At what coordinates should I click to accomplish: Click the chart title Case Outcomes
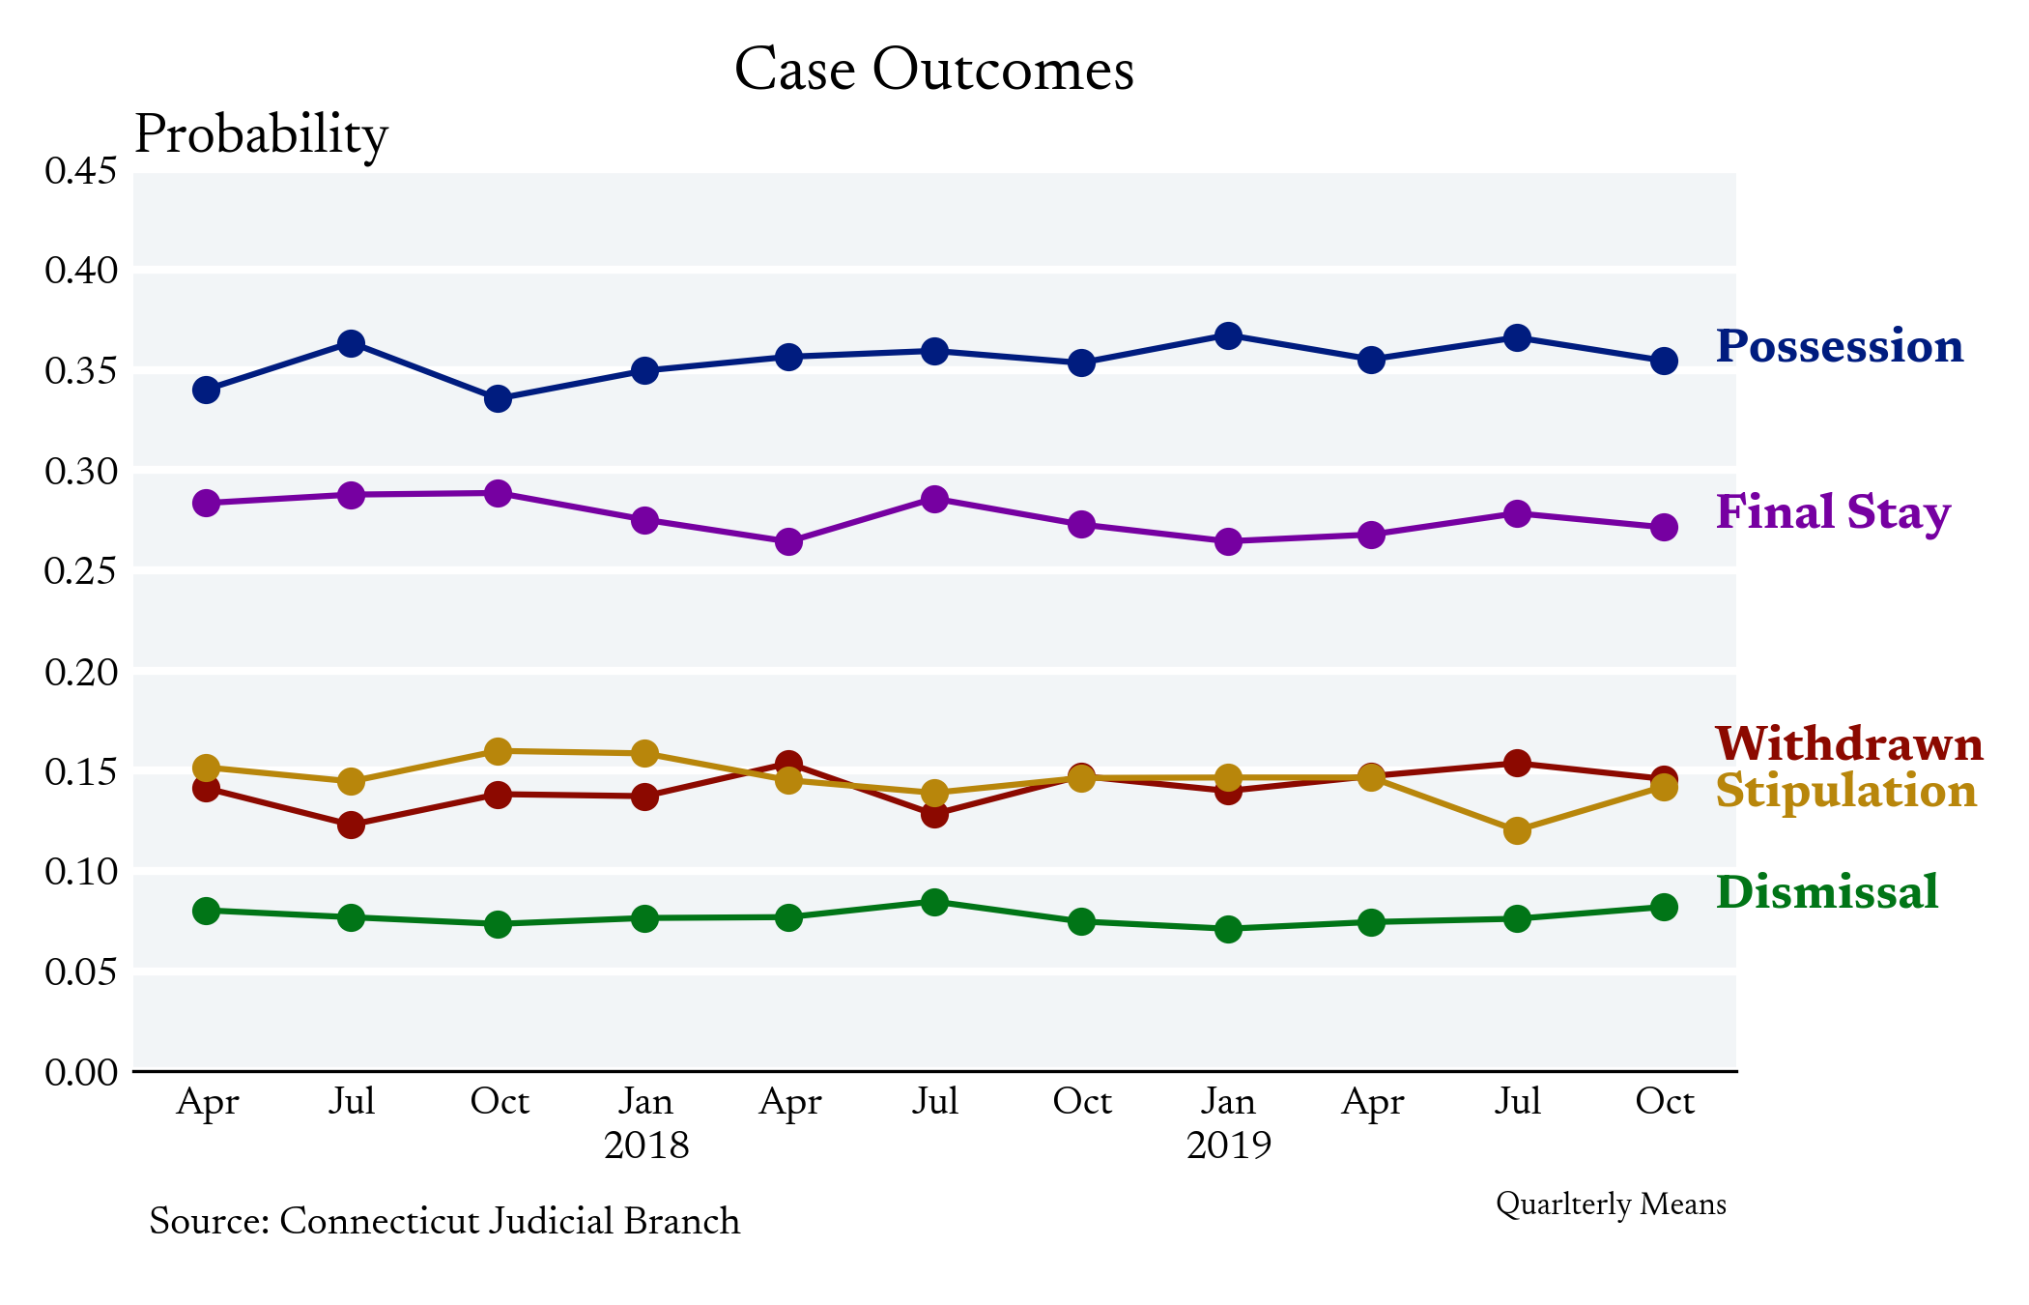coord(933,71)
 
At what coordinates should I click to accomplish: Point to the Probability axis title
coord(261,135)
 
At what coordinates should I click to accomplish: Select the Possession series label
coord(1840,346)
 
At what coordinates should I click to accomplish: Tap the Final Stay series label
coord(1833,512)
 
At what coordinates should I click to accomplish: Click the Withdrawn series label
coord(1849,744)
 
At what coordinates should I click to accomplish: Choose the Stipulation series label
coord(1845,791)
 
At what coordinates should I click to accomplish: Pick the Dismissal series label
coord(1827,891)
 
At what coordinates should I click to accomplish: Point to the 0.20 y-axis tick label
coord(81,672)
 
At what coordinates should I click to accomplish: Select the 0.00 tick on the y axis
coord(81,1072)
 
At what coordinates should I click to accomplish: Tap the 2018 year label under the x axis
coord(646,1145)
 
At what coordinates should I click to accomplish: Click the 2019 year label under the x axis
coord(1228,1145)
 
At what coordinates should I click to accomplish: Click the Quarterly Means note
coord(1611,1204)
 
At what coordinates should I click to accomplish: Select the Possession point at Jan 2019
coord(1228,336)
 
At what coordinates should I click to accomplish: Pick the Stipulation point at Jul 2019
coord(1517,830)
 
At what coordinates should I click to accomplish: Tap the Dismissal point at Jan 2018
coord(644,918)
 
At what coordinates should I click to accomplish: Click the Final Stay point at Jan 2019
coord(1228,541)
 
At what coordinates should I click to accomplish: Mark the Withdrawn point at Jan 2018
coord(644,797)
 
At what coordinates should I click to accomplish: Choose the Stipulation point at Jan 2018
coord(644,753)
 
